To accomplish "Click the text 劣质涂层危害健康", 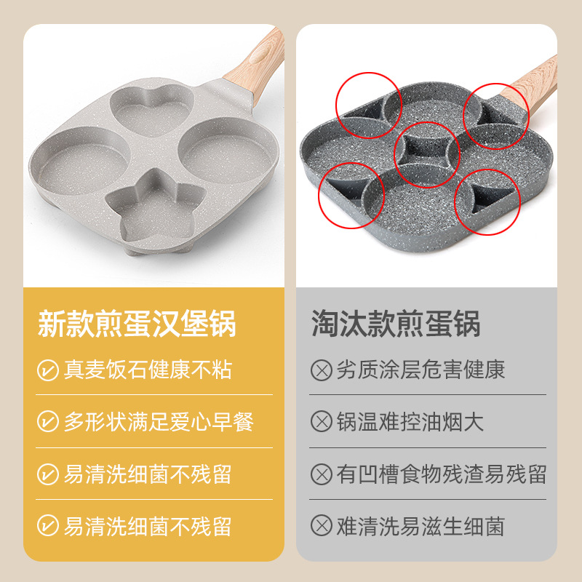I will pos(420,370).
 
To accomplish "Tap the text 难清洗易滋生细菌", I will pos(420,526).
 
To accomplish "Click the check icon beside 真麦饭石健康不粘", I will pos(48,370).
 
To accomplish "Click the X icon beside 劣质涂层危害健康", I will pos(320,370).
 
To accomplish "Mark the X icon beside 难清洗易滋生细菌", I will pos(320,526).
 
